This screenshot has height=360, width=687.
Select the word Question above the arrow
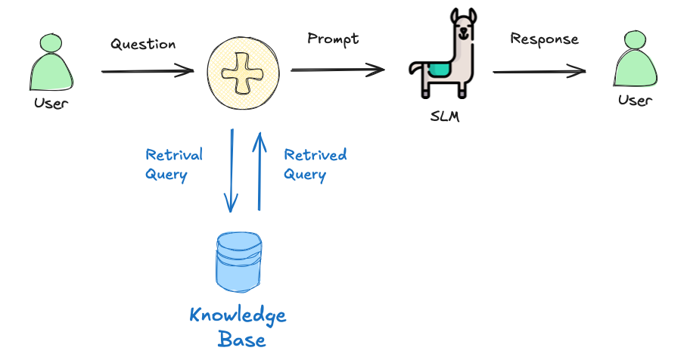point(143,44)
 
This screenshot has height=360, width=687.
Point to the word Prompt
point(333,38)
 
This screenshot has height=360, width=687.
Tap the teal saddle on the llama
point(438,70)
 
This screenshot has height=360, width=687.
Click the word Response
point(544,39)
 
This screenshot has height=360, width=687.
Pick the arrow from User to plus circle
point(148,72)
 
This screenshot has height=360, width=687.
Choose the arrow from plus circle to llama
point(337,70)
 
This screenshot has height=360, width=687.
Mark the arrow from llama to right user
point(539,72)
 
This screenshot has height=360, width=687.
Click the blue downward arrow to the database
point(231,170)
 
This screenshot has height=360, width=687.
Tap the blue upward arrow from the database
point(260,170)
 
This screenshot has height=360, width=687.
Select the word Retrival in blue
point(174,155)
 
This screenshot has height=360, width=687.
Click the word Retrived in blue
point(315,155)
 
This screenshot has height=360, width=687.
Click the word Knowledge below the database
point(238,315)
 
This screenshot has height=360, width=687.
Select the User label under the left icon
point(51,103)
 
